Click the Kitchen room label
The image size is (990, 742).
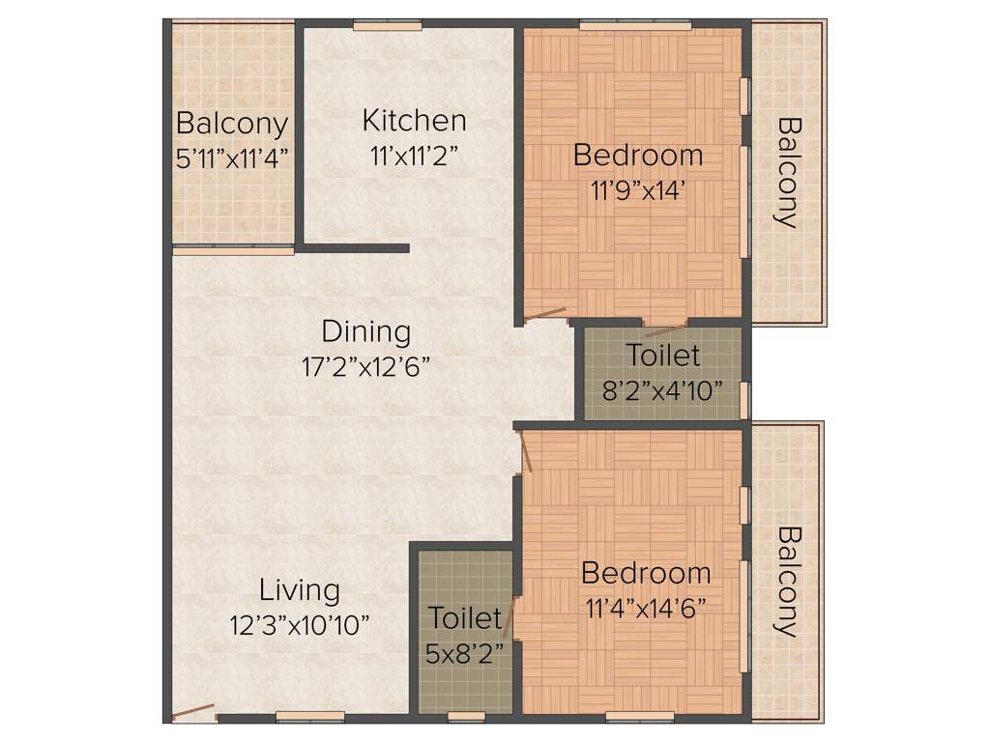[x=414, y=121]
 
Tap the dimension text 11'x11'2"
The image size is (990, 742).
[x=413, y=157]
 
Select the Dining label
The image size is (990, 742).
[x=365, y=331]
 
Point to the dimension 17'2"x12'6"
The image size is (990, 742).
[x=365, y=367]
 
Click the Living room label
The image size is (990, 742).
[x=300, y=589]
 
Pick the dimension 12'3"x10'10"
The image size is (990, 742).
[x=300, y=625]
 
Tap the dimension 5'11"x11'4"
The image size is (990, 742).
[x=233, y=158]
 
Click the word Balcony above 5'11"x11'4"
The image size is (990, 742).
[x=232, y=124]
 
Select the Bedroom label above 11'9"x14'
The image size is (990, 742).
[x=637, y=154]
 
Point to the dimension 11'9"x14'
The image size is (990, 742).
[x=637, y=189]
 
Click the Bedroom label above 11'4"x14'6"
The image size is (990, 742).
[x=646, y=573]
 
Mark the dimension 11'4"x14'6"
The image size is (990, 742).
[x=646, y=608]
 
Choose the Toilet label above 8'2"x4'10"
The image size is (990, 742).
[x=662, y=355]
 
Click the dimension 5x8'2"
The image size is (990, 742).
[x=465, y=654]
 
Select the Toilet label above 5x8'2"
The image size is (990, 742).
[x=465, y=617]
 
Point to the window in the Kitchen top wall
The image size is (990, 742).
[x=387, y=26]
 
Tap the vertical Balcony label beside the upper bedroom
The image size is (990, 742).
[x=789, y=172]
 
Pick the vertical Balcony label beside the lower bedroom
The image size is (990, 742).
[x=789, y=581]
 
